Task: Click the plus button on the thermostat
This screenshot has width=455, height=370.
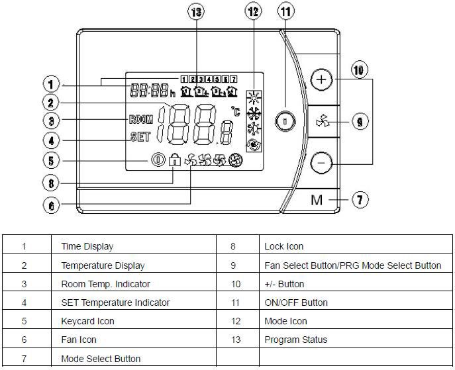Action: coord(321,80)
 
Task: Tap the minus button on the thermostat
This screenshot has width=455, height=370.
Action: coord(321,162)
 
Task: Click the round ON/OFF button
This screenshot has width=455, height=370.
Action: coord(284,121)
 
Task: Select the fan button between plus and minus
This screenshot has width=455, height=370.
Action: coord(322,121)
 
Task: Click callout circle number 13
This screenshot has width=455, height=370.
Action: coord(196,13)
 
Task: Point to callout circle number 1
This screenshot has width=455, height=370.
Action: coord(52,85)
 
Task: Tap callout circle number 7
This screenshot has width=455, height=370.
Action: coord(358,199)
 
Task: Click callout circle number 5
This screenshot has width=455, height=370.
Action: coord(52,160)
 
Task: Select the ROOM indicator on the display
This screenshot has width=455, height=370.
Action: coord(140,120)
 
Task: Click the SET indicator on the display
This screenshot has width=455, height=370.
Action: coord(140,138)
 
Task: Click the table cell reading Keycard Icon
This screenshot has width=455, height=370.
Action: coord(87,321)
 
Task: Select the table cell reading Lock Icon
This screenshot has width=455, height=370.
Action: coord(283,246)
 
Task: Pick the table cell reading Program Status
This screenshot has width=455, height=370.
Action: coord(295,340)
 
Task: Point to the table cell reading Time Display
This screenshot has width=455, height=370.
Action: coord(87,246)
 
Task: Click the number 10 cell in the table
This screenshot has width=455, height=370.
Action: coord(233,284)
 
